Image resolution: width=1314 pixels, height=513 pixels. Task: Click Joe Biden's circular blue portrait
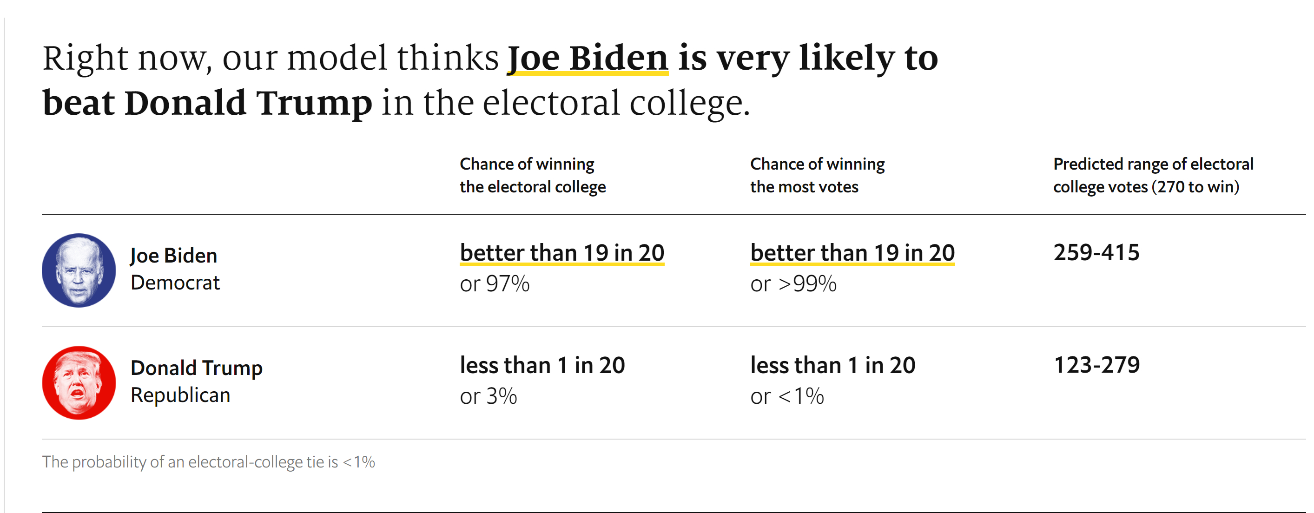pyautogui.click(x=79, y=270)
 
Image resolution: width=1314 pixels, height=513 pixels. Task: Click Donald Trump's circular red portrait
pyautogui.click(x=79, y=383)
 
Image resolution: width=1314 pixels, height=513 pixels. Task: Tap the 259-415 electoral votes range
pyautogui.click(x=1096, y=253)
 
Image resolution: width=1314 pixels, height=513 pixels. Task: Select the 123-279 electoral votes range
pyautogui.click(x=1096, y=365)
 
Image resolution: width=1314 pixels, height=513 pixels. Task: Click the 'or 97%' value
pyautogui.click(x=494, y=284)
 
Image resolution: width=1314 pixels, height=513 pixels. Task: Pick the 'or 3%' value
pyautogui.click(x=488, y=397)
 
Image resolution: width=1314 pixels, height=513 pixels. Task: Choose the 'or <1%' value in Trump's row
pyautogui.click(x=786, y=397)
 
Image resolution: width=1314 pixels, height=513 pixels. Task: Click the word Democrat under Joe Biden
pyautogui.click(x=175, y=283)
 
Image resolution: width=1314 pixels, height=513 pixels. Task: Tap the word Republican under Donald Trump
pyautogui.click(x=180, y=395)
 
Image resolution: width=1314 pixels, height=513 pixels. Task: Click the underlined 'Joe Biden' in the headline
pyautogui.click(x=587, y=58)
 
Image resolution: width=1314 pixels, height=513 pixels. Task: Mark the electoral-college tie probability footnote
pyautogui.click(x=208, y=462)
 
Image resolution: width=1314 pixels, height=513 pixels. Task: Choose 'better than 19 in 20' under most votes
pyautogui.click(x=852, y=253)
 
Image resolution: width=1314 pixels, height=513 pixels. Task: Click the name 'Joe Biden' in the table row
pyautogui.click(x=173, y=256)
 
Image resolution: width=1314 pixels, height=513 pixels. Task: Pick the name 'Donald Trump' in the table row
pyautogui.click(x=197, y=368)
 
